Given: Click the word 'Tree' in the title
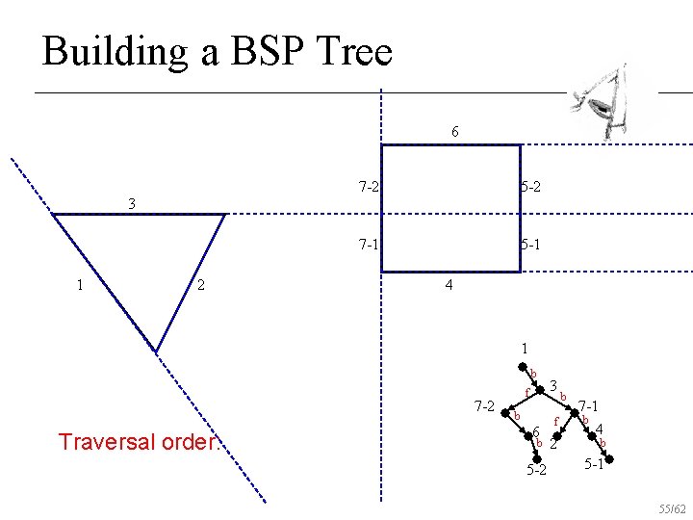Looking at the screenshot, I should coord(356,50).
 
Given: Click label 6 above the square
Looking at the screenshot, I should coord(454,132).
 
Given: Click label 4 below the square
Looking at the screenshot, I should coord(449,286).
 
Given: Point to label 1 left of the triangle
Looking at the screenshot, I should coord(80,284).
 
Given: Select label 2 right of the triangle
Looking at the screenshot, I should coord(198,284).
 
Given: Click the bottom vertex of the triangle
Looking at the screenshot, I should coord(156,350).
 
